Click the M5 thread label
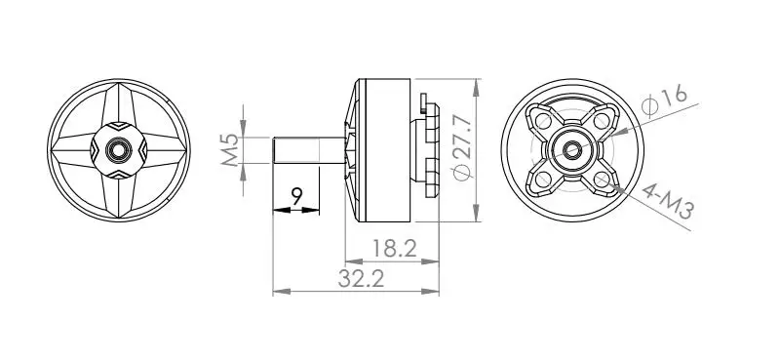click(230, 150)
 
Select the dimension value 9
click(297, 197)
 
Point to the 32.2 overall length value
click(361, 279)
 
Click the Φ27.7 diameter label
click(462, 147)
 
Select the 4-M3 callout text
click(668, 201)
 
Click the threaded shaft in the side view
click(309, 150)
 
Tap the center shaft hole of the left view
click(119, 150)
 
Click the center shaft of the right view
click(572, 150)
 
